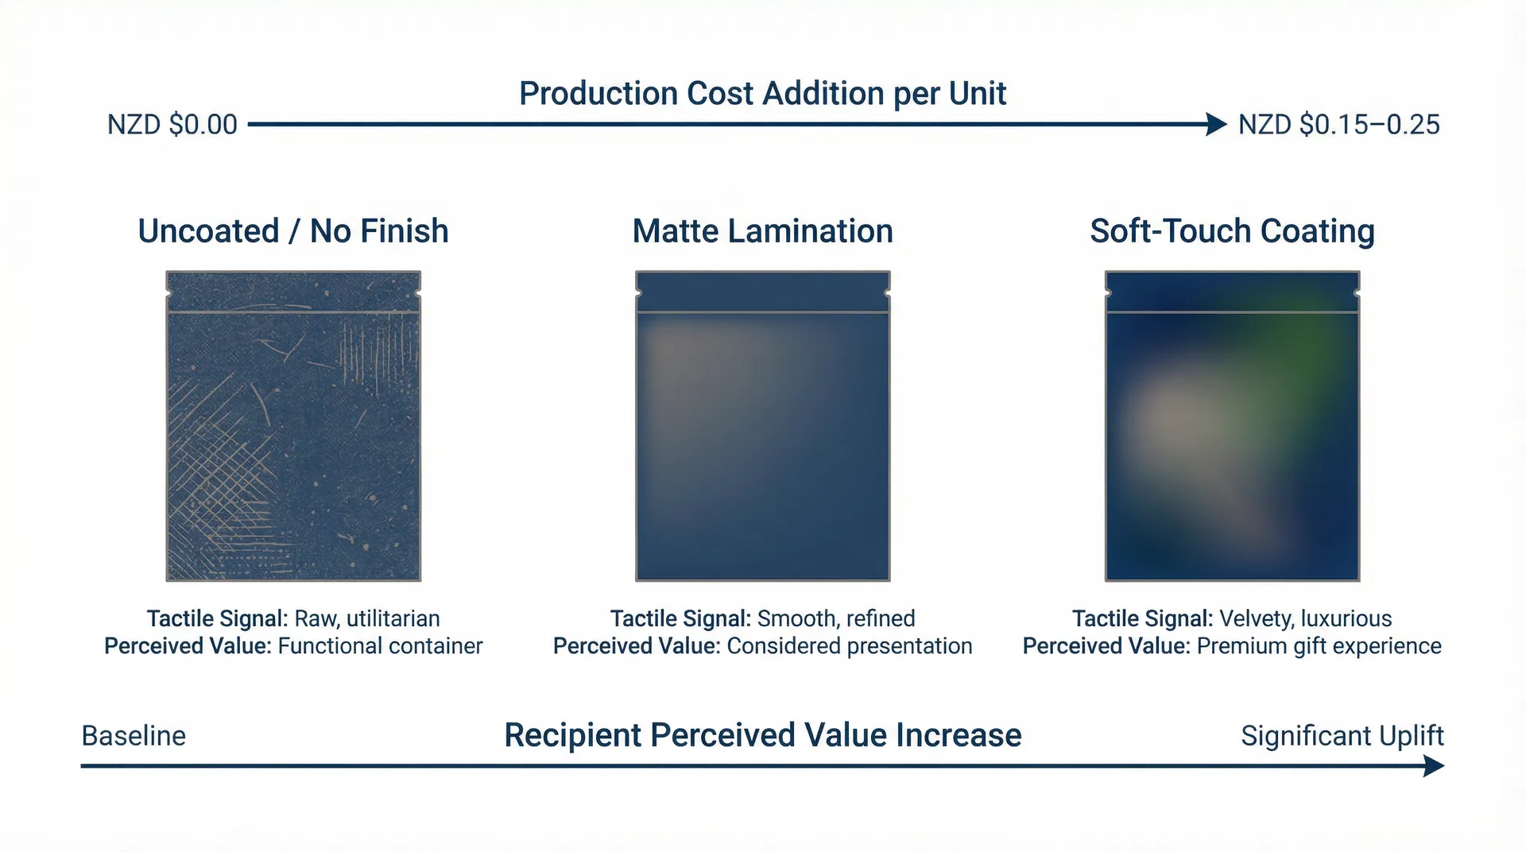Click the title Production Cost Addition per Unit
point(762,94)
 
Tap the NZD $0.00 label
point(172,125)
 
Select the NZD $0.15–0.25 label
point(1338,125)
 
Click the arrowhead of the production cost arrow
point(1216,124)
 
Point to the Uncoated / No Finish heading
point(293,231)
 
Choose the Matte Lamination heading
point(762,231)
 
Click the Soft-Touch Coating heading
point(1232,231)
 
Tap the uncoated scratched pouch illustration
point(293,426)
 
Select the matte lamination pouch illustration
point(762,426)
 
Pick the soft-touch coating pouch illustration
point(1232,426)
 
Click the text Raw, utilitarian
point(366,618)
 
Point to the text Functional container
point(380,646)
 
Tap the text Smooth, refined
point(836,618)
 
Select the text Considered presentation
point(849,646)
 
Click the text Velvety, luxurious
point(1305,618)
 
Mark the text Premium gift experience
point(1319,646)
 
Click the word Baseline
point(134,736)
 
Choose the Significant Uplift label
point(1342,736)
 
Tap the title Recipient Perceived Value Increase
point(762,736)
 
